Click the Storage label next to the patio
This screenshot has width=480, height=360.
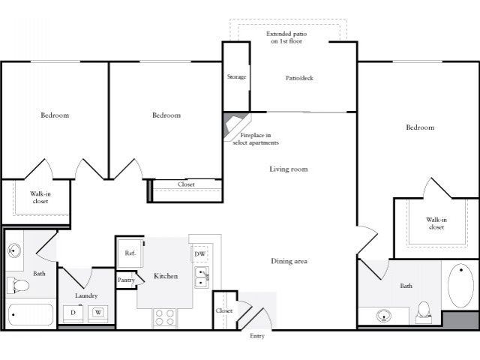(x=236, y=77)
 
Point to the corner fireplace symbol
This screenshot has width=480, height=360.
(x=235, y=127)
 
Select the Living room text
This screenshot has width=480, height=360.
(x=289, y=169)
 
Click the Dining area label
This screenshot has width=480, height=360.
(x=289, y=261)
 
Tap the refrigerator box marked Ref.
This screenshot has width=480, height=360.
(x=129, y=253)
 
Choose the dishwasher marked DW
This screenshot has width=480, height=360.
(x=200, y=254)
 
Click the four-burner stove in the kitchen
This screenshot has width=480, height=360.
(x=164, y=318)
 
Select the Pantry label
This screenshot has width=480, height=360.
(x=126, y=280)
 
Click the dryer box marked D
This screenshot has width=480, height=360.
(x=73, y=312)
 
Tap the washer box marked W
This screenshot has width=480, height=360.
(x=98, y=312)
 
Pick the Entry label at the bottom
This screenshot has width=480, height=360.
(x=257, y=336)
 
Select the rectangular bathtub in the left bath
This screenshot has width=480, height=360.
(x=30, y=314)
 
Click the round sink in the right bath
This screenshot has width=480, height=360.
(x=384, y=315)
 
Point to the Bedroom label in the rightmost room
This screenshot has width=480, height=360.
(x=420, y=127)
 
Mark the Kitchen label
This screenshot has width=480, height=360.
(x=166, y=276)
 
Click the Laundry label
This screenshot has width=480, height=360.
(x=86, y=295)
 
